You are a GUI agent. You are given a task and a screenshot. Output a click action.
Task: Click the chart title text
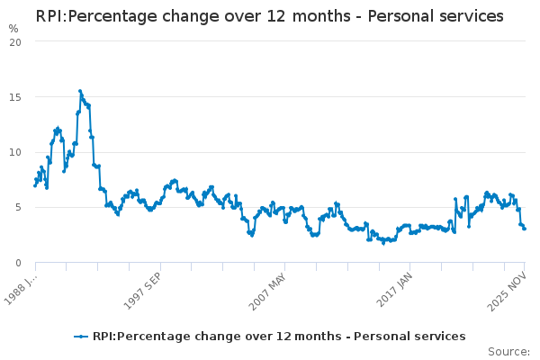269,16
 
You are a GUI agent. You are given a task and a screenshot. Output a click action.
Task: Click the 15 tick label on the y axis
22,97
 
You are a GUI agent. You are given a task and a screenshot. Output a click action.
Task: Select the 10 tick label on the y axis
22,152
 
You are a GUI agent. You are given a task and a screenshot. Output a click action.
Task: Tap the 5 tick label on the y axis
25,208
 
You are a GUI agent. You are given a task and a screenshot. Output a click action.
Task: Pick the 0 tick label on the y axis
25,263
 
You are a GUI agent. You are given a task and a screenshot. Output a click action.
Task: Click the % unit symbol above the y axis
13,29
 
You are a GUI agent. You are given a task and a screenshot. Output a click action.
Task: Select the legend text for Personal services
279,337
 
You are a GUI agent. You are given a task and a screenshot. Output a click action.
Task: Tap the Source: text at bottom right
508,351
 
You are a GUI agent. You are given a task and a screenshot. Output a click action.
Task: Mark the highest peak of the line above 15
79,91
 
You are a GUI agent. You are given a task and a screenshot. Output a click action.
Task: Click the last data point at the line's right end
525,229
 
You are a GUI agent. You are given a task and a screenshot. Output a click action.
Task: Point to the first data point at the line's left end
35,185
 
